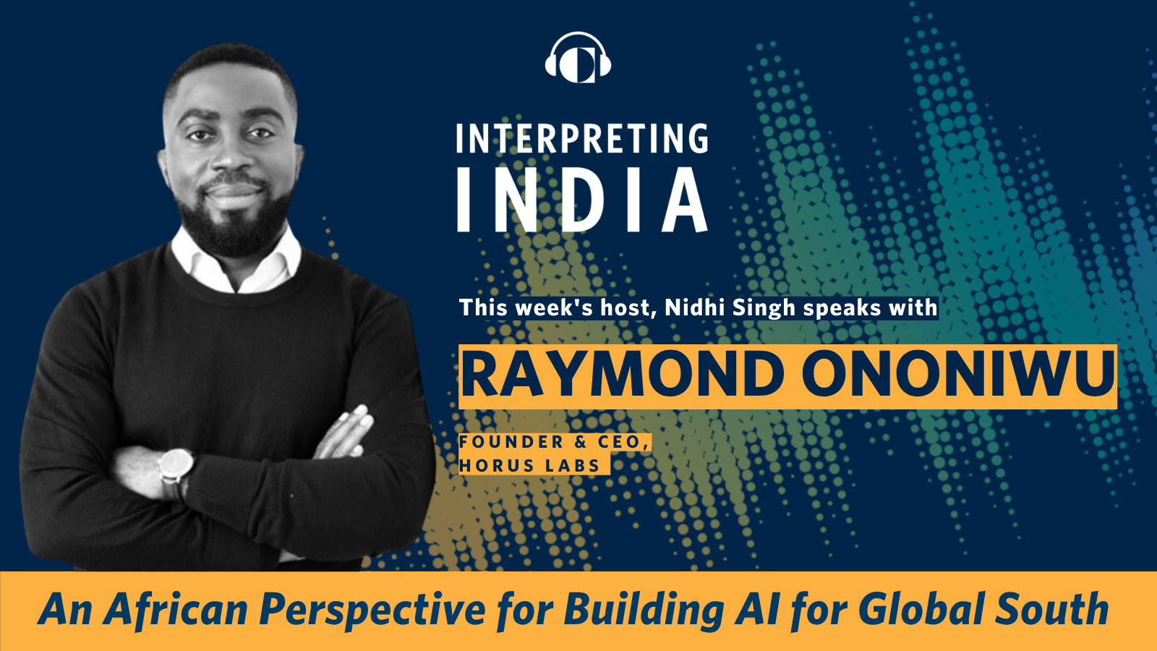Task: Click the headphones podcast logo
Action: click(x=578, y=57)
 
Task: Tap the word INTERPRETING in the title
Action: click(x=582, y=138)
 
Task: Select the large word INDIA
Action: click(x=582, y=200)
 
